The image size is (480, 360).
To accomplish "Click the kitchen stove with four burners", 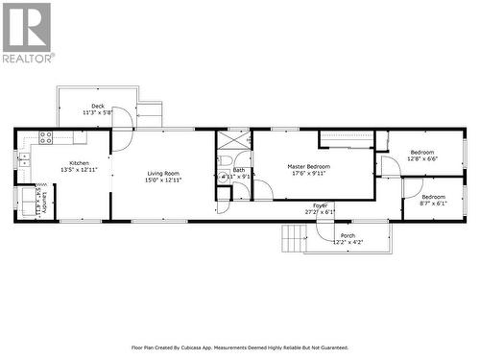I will [44, 137].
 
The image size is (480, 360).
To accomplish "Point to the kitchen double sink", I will [23, 156].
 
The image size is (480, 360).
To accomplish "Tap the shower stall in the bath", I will [233, 139].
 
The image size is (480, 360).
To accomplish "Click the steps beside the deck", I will [150, 115].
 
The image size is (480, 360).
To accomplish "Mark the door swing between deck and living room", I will [121, 140].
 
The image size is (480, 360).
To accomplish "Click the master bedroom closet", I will [346, 141].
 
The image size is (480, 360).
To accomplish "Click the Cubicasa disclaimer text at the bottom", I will [240, 348].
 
